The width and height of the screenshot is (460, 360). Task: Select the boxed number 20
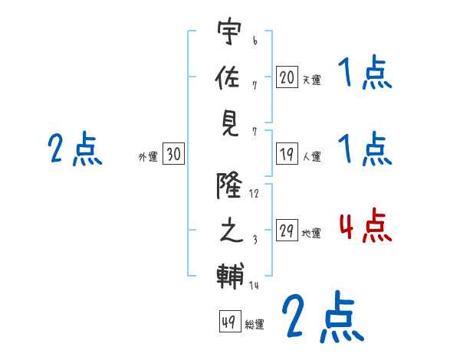(x=287, y=77)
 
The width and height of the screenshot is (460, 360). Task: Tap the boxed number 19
(x=287, y=154)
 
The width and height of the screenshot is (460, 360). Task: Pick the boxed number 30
(x=173, y=155)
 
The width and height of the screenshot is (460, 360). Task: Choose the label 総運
(x=255, y=324)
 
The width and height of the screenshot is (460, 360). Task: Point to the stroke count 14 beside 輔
(x=255, y=286)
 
